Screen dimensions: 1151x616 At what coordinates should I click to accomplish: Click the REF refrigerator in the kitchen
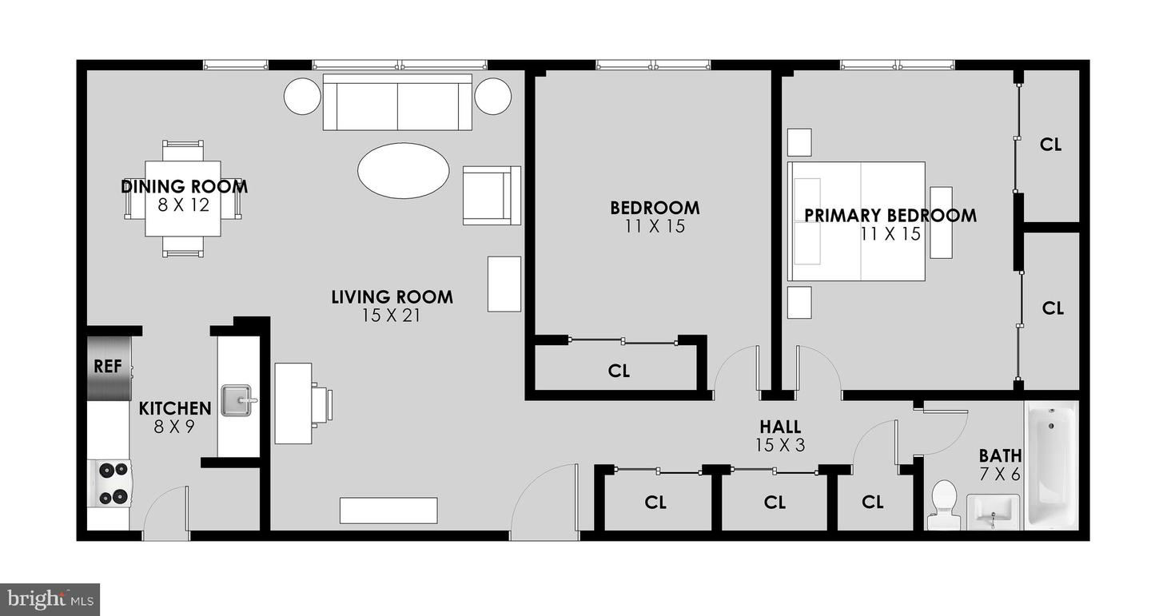click(x=110, y=368)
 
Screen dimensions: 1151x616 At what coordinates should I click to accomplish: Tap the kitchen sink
click(x=239, y=400)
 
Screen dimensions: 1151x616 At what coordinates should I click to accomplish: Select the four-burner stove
click(x=110, y=483)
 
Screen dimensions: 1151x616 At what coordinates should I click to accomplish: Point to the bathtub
click(x=1051, y=466)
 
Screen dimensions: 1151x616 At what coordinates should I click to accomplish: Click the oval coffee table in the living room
click(x=404, y=170)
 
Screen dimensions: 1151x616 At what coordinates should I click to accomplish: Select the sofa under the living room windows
click(x=397, y=102)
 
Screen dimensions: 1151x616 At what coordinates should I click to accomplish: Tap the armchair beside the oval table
click(x=492, y=195)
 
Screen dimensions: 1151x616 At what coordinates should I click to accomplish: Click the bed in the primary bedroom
click(x=857, y=221)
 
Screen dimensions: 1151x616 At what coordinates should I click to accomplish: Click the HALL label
click(x=780, y=427)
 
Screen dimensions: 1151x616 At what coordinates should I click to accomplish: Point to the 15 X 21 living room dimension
click(x=391, y=316)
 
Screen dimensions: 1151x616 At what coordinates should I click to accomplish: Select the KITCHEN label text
click(x=175, y=408)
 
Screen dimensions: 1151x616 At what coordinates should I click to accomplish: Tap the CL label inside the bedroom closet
click(x=619, y=371)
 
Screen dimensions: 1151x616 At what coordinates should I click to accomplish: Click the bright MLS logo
click(x=50, y=599)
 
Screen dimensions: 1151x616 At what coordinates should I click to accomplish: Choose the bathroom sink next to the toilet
click(x=993, y=511)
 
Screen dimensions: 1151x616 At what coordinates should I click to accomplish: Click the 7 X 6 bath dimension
click(x=1000, y=475)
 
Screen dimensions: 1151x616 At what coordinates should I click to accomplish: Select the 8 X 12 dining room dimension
click(x=184, y=205)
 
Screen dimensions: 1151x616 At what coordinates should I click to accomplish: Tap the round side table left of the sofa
click(x=303, y=96)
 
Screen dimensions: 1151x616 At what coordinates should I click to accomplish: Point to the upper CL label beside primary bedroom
click(x=1051, y=145)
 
